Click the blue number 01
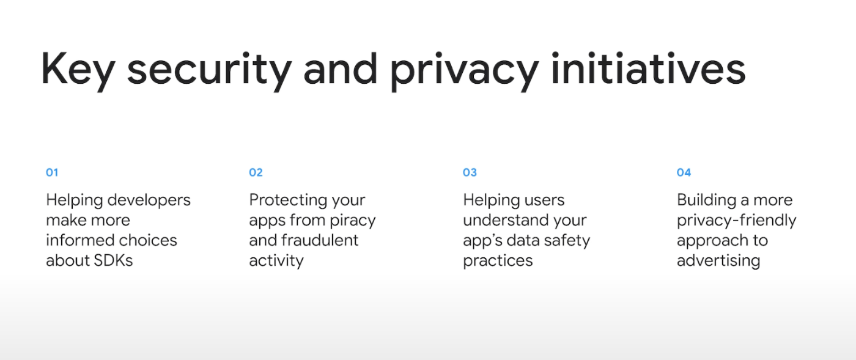click(52, 172)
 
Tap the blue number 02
click(256, 172)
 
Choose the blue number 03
click(470, 172)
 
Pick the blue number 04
click(684, 172)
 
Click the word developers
click(149, 200)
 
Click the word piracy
click(353, 221)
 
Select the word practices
click(498, 261)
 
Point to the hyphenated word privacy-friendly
click(736, 221)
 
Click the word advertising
click(718, 261)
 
